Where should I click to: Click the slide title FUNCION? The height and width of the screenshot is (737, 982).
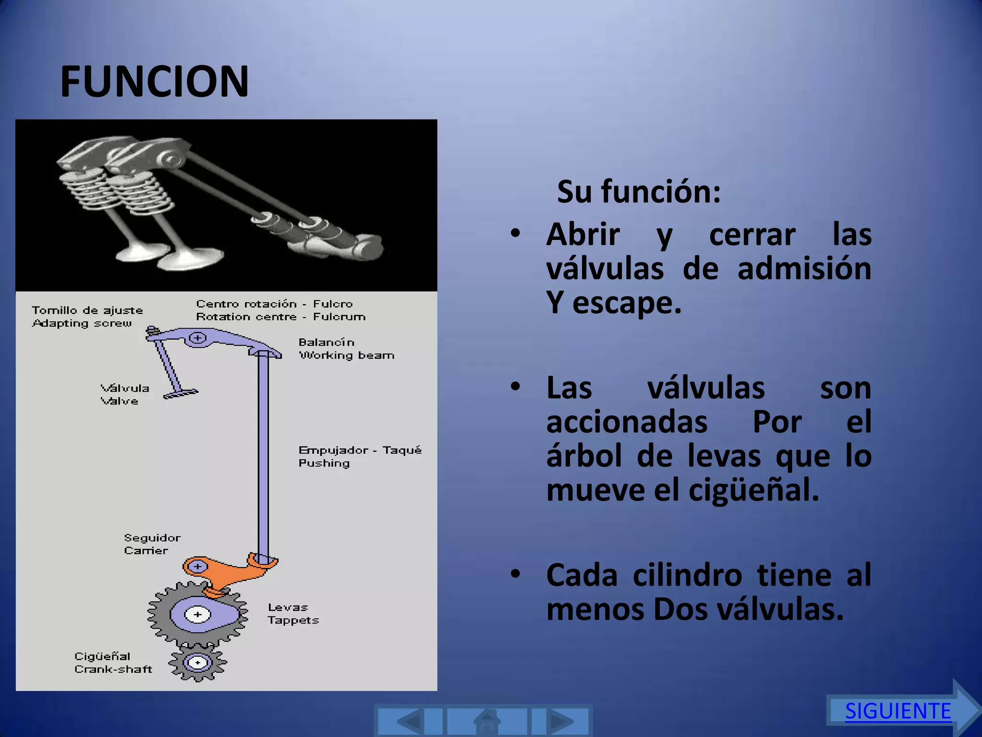[x=154, y=82]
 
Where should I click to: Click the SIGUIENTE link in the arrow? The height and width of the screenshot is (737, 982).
[x=898, y=711]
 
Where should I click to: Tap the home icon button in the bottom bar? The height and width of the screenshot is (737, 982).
[x=487, y=721]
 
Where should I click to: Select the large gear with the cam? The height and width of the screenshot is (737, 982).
[x=198, y=615]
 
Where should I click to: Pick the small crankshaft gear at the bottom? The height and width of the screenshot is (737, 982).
[x=197, y=663]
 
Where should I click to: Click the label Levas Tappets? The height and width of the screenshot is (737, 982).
[x=293, y=614]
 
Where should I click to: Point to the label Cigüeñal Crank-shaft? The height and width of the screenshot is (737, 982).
[x=113, y=663]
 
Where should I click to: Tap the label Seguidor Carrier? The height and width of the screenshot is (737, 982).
[x=152, y=544]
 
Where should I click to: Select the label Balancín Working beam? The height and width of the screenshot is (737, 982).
[x=346, y=349]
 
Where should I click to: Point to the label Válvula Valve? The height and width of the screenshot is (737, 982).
[x=125, y=394]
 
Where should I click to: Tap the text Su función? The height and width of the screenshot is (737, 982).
[x=639, y=192]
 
